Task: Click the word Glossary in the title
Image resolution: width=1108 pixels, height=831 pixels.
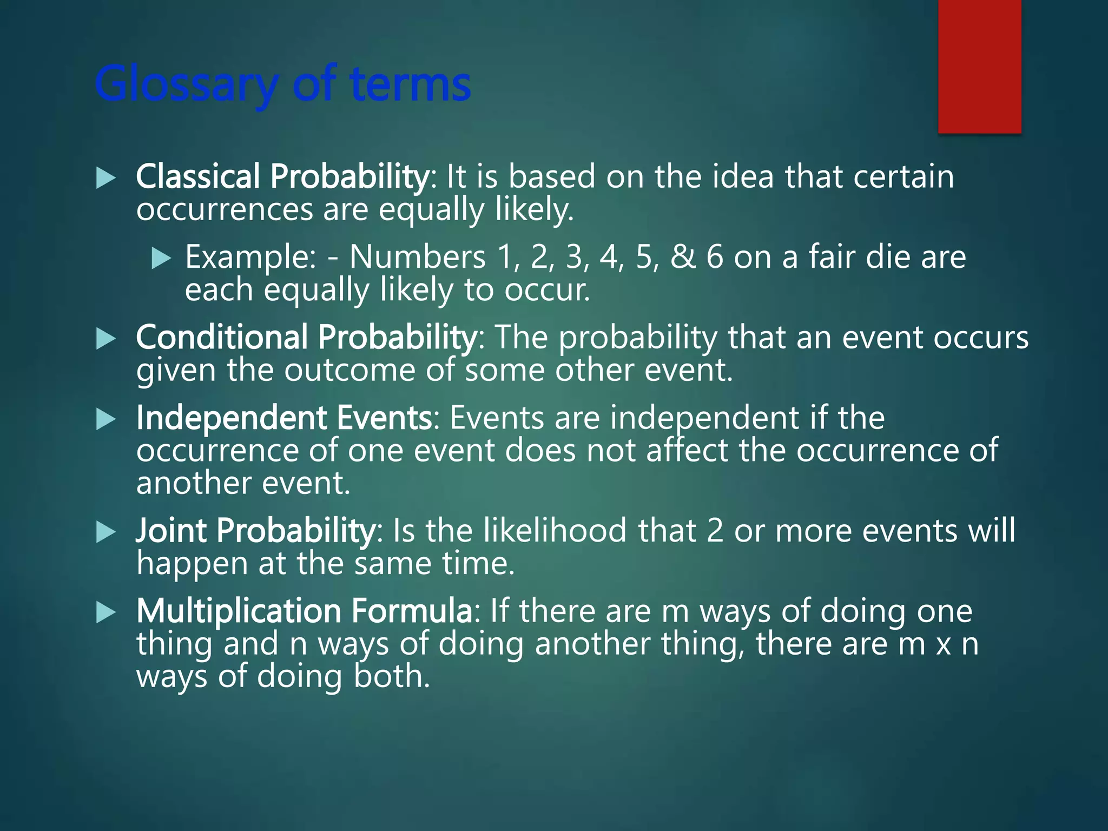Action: (x=186, y=85)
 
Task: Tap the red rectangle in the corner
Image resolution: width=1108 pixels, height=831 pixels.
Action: (x=979, y=66)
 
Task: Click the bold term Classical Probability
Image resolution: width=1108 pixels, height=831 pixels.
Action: (x=282, y=177)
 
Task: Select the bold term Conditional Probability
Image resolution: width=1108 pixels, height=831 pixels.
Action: (x=306, y=338)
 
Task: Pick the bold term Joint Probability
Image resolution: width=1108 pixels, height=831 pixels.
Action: (x=255, y=531)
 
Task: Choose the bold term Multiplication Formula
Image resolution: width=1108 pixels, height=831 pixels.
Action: (x=305, y=611)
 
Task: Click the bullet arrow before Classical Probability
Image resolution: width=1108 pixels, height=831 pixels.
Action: (x=106, y=178)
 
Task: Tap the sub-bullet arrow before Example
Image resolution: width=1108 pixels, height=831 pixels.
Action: (x=161, y=258)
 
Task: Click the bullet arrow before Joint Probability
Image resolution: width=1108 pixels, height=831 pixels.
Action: (x=106, y=532)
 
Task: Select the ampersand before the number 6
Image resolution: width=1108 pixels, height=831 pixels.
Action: (x=683, y=257)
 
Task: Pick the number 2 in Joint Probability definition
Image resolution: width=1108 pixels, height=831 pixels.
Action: (x=715, y=531)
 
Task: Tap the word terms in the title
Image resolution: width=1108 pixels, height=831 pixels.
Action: (x=410, y=85)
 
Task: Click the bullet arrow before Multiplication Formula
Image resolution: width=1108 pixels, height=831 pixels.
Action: (x=106, y=612)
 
